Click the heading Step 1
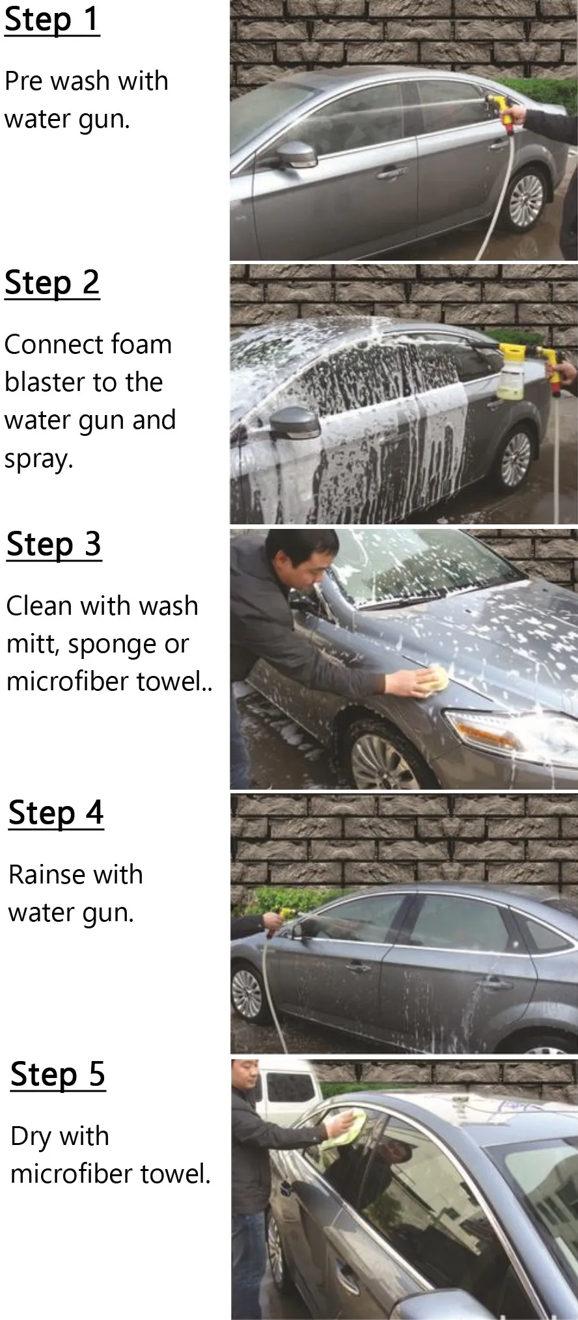52,19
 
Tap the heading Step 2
52,282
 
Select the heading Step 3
54,545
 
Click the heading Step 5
58,1074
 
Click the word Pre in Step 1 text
23,81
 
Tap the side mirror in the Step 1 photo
297,154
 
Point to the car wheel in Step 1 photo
526,200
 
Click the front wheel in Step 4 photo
247,993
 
